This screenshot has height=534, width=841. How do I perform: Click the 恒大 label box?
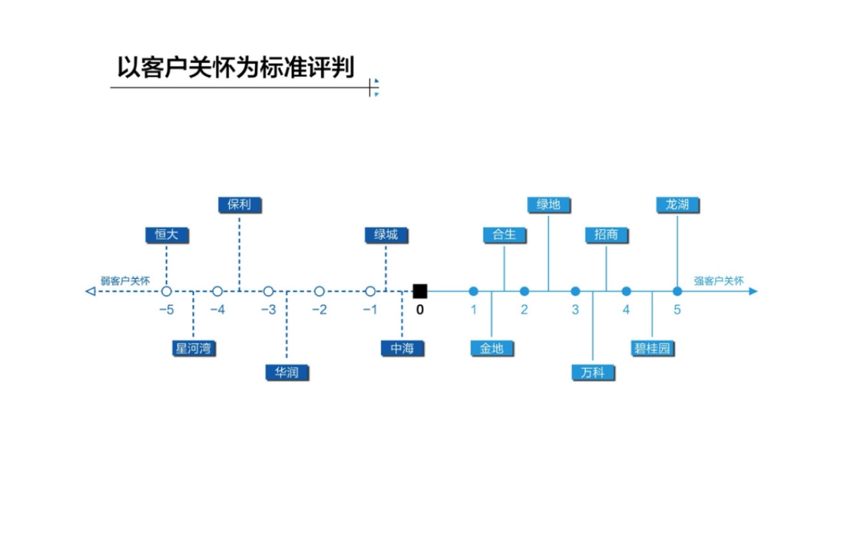click(x=167, y=235)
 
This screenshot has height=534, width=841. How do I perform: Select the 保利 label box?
click(x=239, y=204)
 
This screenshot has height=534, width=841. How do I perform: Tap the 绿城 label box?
click(x=385, y=235)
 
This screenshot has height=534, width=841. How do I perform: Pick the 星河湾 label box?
click(x=193, y=348)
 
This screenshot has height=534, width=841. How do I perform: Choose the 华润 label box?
click(x=287, y=372)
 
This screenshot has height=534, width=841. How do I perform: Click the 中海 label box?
click(x=402, y=348)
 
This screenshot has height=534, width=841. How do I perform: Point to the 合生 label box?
click(x=504, y=235)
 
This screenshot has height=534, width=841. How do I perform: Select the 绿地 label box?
click(x=549, y=204)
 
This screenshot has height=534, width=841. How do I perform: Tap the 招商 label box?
click(x=606, y=235)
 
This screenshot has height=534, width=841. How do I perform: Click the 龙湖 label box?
click(x=678, y=204)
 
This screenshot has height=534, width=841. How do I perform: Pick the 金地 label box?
click(x=491, y=348)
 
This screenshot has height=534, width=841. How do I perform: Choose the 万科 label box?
click(x=593, y=372)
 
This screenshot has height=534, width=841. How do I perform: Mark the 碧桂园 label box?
click(x=652, y=348)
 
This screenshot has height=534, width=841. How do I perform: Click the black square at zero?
click(x=420, y=291)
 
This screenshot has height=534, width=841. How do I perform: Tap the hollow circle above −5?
click(x=167, y=291)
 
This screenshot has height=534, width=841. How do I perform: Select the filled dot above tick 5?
click(x=677, y=291)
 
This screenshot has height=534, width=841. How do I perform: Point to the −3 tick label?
click(x=268, y=310)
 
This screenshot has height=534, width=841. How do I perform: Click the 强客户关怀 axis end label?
click(x=719, y=281)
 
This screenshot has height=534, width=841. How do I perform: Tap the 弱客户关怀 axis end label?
click(x=125, y=281)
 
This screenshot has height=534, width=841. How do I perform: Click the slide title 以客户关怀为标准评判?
click(x=235, y=68)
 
